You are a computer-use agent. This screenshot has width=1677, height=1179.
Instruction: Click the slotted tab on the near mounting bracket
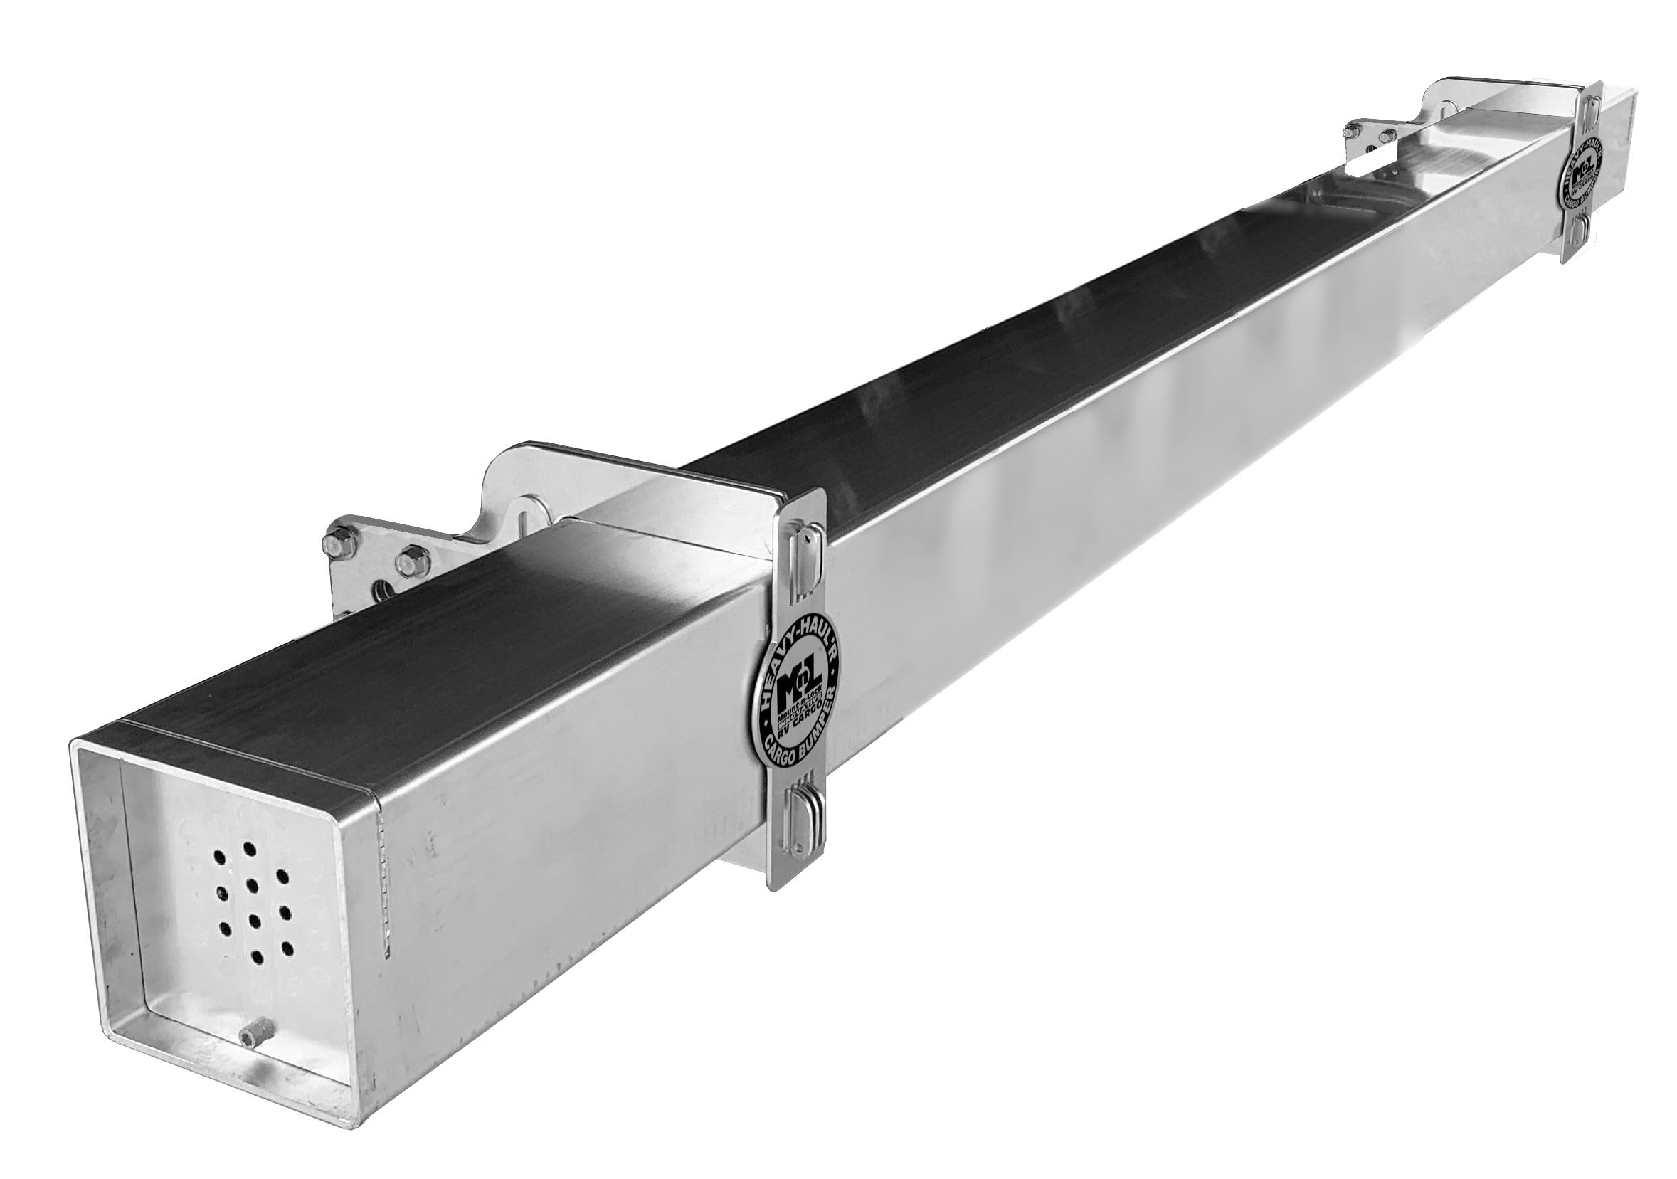tap(526, 512)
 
